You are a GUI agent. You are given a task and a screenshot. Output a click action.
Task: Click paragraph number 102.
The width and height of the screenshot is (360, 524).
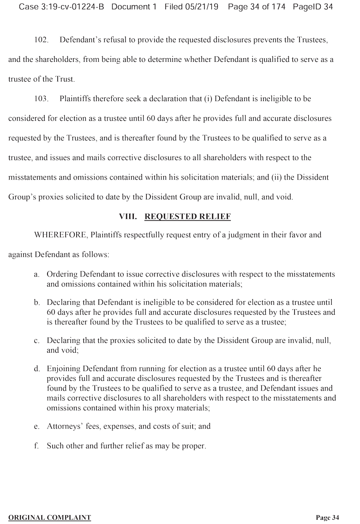click(42, 40)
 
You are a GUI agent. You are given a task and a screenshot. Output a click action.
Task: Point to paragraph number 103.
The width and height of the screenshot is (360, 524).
click(42, 99)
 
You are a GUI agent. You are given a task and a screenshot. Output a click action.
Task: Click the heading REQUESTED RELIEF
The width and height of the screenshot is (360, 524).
click(187, 216)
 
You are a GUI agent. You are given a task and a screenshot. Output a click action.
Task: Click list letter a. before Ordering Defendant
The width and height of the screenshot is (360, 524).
click(36, 274)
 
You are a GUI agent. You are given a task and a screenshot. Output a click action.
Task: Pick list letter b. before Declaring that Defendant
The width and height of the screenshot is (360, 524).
click(36, 302)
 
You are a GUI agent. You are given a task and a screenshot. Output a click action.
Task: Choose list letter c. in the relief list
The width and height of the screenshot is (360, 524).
click(36, 341)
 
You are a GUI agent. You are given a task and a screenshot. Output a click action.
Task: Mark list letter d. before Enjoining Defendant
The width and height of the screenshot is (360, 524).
click(36, 368)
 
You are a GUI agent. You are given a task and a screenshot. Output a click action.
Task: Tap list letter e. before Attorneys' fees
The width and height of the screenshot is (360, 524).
click(36, 426)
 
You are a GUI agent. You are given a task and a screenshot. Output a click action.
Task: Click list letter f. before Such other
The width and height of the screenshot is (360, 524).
click(36, 446)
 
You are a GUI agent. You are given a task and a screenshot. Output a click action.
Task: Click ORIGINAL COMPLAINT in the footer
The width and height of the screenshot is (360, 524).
click(49, 518)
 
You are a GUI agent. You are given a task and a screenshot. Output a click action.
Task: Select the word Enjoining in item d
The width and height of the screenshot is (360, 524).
click(63, 368)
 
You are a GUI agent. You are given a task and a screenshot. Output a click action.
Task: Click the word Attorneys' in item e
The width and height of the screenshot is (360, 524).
click(64, 426)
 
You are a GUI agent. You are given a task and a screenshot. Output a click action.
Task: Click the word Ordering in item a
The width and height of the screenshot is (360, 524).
click(62, 274)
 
